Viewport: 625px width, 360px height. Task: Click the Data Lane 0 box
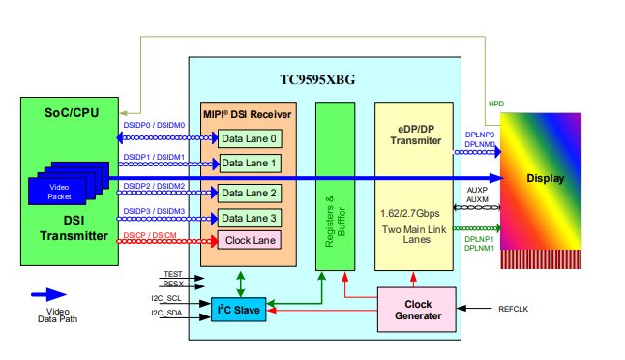click(x=250, y=138)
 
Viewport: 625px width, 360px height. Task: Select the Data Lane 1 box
click(x=251, y=164)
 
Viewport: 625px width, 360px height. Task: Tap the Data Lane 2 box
click(x=250, y=194)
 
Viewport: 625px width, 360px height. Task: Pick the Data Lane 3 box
click(x=250, y=218)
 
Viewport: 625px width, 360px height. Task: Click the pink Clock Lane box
click(x=250, y=240)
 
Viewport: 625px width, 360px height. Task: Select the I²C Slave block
click(x=239, y=310)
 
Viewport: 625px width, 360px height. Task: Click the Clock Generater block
click(x=417, y=310)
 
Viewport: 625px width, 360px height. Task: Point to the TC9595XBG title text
click(x=317, y=79)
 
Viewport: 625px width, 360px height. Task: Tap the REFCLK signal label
click(x=513, y=309)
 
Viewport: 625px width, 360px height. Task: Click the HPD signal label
click(x=496, y=104)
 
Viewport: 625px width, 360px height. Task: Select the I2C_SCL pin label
click(x=166, y=298)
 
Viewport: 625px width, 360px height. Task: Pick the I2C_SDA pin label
click(x=166, y=313)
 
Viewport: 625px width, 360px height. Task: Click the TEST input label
click(x=173, y=274)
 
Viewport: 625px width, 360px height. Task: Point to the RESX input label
click(x=173, y=284)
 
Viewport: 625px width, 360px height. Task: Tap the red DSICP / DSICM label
click(x=150, y=235)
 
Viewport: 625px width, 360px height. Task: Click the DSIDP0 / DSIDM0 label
click(x=154, y=125)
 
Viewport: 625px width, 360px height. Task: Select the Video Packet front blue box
click(x=57, y=192)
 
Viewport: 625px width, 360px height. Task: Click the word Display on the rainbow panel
click(x=546, y=178)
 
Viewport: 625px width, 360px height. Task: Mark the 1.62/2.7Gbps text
click(x=410, y=214)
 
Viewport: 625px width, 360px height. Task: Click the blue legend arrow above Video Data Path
click(x=48, y=294)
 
